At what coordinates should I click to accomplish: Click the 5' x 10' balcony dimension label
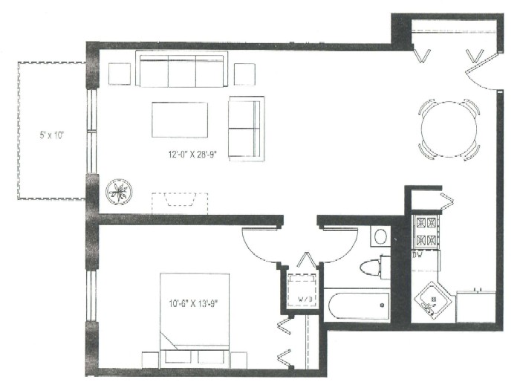(x=51, y=135)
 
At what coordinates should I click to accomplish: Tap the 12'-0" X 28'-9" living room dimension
(x=192, y=154)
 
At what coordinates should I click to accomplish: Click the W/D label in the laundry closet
(x=305, y=299)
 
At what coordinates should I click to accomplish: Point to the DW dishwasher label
(x=417, y=255)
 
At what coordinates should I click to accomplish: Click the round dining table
(x=449, y=129)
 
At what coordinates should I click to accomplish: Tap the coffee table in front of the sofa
(x=180, y=120)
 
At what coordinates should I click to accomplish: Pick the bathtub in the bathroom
(x=357, y=305)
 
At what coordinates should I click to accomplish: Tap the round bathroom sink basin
(x=380, y=236)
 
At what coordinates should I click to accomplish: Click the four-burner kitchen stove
(x=426, y=231)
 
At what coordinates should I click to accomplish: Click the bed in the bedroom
(x=195, y=320)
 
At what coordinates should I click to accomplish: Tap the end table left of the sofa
(x=120, y=74)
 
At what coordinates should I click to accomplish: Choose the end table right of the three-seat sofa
(x=244, y=74)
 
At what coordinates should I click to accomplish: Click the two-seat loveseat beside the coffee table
(x=247, y=129)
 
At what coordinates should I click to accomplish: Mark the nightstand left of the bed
(x=150, y=360)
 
